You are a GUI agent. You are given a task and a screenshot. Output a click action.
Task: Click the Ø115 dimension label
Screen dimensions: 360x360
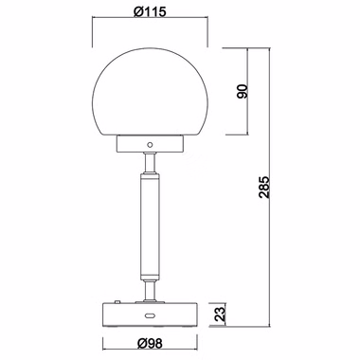pos(150,11)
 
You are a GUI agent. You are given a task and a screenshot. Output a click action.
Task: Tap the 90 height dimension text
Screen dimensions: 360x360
pos(243,91)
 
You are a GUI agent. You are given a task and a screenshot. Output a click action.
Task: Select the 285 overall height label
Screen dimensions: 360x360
pos(264,187)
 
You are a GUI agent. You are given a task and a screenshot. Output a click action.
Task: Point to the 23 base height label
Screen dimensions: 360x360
pos(222,314)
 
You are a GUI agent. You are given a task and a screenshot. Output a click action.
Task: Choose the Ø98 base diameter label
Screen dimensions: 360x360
pos(150,343)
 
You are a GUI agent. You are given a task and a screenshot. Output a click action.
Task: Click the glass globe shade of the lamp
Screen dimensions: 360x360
pos(150,92)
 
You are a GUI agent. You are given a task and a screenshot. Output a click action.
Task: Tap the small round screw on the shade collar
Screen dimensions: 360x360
pos(150,145)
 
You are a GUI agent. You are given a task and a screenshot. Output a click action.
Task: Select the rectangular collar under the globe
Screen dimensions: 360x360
pos(150,144)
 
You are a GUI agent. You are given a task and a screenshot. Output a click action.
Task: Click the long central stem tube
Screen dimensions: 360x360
pos(150,225)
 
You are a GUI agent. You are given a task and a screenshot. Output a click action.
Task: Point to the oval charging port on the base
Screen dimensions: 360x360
pos(150,315)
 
